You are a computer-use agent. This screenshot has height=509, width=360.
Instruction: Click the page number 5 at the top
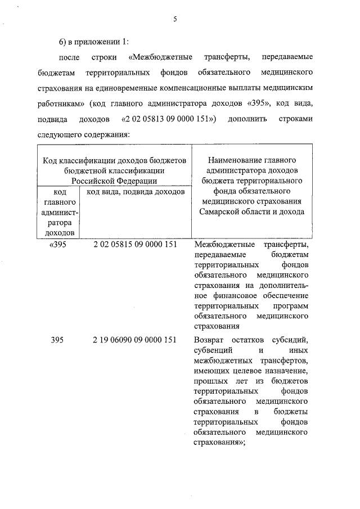point(175,19)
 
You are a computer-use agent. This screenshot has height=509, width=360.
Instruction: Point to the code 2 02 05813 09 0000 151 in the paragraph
point(166,120)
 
